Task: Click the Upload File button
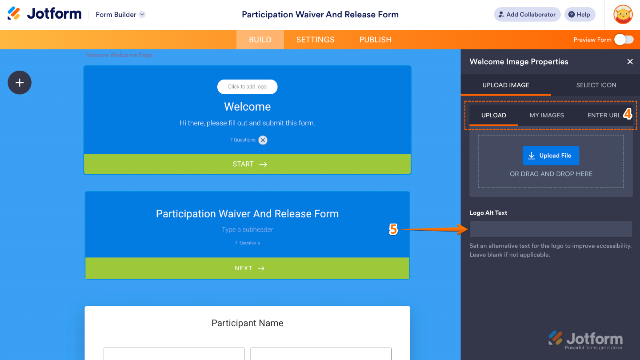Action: pyautogui.click(x=551, y=156)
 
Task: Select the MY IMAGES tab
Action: pyautogui.click(x=547, y=115)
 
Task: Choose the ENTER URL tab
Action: pyautogui.click(x=604, y=115)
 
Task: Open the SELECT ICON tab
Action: pyautogui.click(x=596, y=85)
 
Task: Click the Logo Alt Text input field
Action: pyautogui.click(x=551, y=229)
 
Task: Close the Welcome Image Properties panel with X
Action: pyautogui.click(x=630, y=62)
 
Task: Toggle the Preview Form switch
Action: pyautogui.click(x=624, y=40)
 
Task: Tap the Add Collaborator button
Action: pyautogui.click(x=527, y=15)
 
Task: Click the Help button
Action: pyautogui.click(x=580, y=15)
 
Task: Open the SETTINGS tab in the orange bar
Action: pyautogui.click(x=315, y=40)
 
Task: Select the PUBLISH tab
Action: pyautogui.click(x=375, y=40)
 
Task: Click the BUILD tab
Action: pyautogui.click(x=260, y=40)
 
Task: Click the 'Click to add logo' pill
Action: pyautogui.click(x=247, y=87)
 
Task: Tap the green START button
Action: pyautogui.click(x=248, y=164)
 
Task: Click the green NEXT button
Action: pyautogui.click(x=248, y=268)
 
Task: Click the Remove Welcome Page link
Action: pyautogui.click(x=119, y=55)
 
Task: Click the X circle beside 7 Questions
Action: pyautogui.click(x=263, y=140)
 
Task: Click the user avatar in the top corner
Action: pyautogui.click(x=623, y=14)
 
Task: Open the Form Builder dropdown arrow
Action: pyautogui.click(x=142, y=14)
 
